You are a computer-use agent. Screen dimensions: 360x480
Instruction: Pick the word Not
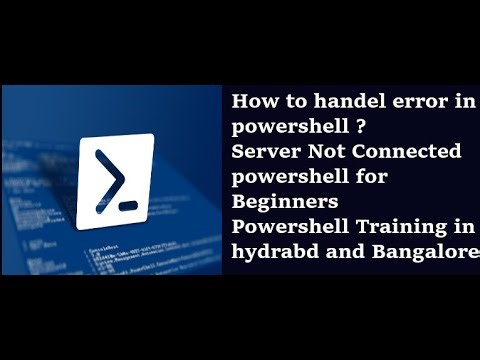(322, 151)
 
